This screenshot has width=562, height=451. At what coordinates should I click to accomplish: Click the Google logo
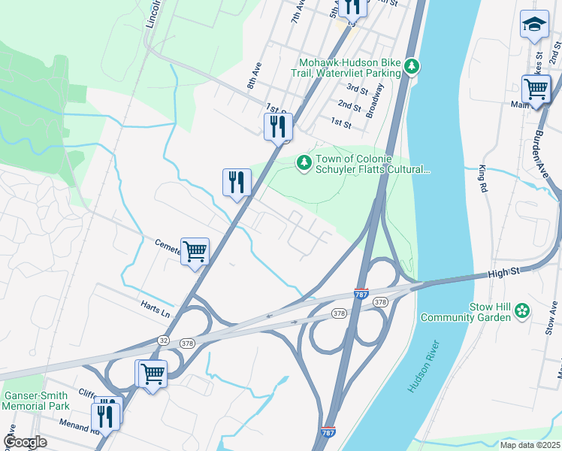[25, 442]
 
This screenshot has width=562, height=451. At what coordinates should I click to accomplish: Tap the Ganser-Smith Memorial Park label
[35, 400]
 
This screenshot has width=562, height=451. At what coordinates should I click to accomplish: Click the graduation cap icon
[534, 24]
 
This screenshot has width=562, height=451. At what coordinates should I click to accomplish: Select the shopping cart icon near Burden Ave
[536, 89]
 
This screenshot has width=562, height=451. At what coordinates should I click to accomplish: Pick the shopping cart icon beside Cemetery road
[195, 251]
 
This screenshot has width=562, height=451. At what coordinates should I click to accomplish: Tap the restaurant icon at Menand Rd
[105, 415]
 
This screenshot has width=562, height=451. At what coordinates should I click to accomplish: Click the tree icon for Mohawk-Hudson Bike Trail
[411, 66]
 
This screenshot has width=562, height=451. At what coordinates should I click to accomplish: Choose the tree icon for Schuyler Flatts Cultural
[304, 162]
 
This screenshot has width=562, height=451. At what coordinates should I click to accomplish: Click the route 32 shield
[164, 341]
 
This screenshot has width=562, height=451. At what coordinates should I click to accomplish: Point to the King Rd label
[482, 180]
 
